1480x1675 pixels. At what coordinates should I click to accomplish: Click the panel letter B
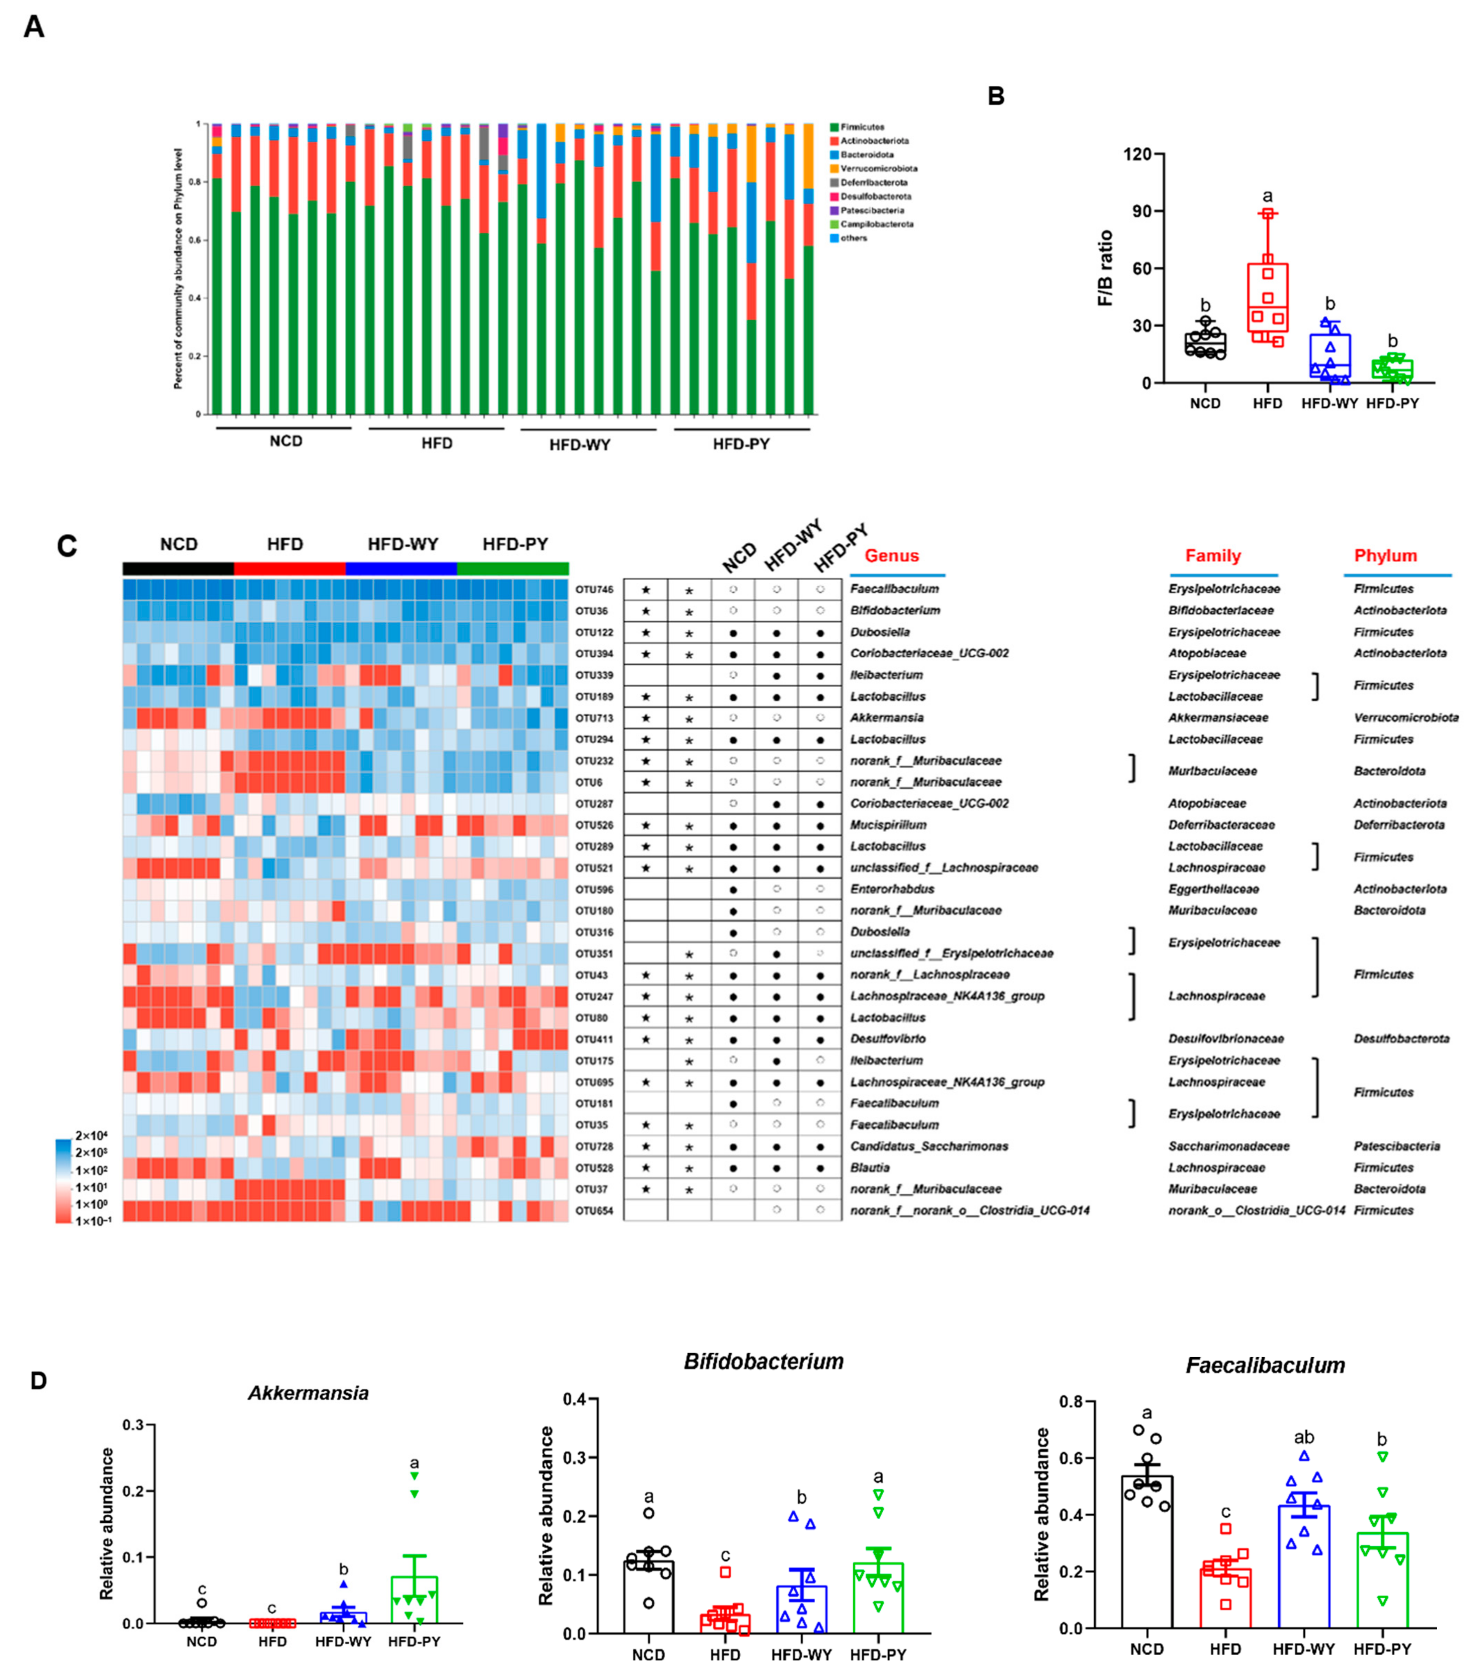point(996,97)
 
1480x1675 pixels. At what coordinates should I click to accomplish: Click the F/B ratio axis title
point(1106,268)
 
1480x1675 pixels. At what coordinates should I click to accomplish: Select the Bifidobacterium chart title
point(763,1362)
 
